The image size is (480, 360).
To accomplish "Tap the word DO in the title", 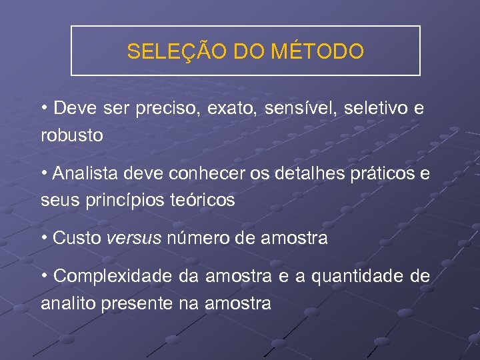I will click(x=247, y=51).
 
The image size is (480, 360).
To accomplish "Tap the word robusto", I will click(x=72, y=135).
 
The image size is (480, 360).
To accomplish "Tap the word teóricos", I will click(x=205, y=199).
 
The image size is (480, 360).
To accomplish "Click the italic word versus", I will click(x=133, y=238).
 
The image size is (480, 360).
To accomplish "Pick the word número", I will click(x=195, y=238).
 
